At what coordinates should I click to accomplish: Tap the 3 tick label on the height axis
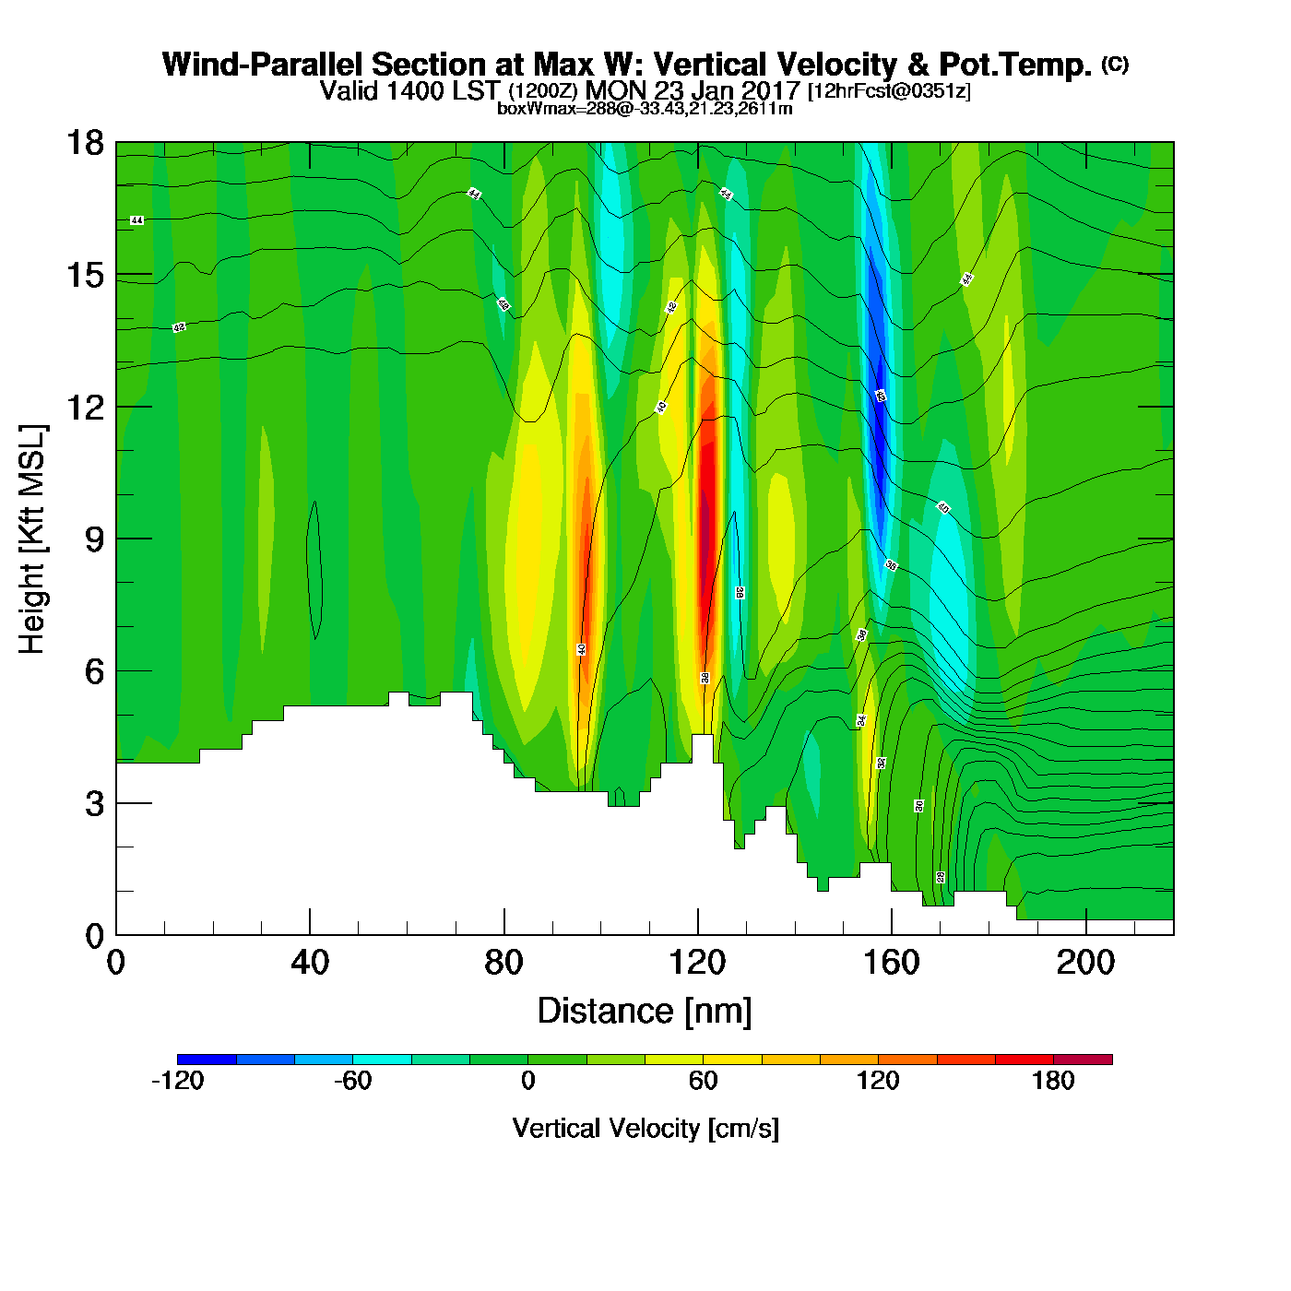point(93,804)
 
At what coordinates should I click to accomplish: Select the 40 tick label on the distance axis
point(310,963)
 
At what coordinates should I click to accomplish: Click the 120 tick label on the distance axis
point(698,963)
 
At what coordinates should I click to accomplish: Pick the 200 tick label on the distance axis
point(1085,963)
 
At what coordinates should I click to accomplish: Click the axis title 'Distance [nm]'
point(645,1012)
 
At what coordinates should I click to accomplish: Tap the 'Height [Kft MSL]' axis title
point(32,539)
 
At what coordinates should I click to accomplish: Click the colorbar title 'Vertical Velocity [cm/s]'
point(645,1128)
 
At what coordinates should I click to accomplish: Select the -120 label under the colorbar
point(177,1081)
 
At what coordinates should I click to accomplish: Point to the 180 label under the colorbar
point(1053,1081)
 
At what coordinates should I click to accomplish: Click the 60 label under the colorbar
point(703,1081)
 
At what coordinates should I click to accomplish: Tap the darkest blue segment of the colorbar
point(207,1059)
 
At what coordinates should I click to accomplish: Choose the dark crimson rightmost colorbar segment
point(1083,1059)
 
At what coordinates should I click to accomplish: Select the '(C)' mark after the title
point(1115,64)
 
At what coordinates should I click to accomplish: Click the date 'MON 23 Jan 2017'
point(693,90)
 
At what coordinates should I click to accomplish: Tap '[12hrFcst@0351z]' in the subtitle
point(889,91)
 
